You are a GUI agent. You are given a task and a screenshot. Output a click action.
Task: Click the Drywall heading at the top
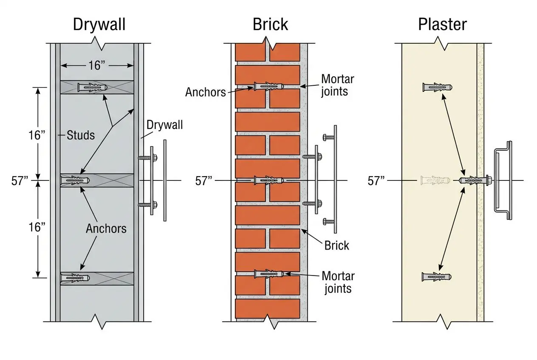(99, 25)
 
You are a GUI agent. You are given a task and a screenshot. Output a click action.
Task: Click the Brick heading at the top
(270, 25)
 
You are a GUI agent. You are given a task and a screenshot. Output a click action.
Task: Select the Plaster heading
(442, 25)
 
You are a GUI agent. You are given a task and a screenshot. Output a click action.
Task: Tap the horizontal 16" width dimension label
(97, 65)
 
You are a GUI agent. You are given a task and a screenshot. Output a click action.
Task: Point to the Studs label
(81, 136)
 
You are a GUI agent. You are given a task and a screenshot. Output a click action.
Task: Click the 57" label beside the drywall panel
(20, 180)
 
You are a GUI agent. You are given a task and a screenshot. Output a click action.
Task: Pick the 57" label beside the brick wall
(203, 180)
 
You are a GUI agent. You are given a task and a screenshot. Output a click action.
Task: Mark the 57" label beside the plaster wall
(376, 180)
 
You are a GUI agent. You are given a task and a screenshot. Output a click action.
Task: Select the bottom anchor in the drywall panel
(75, 278)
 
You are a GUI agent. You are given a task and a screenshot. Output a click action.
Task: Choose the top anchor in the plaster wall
(437, 87)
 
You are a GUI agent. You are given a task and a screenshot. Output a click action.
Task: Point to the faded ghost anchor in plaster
(434, 180)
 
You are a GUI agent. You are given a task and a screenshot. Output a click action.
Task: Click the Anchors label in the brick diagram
(205, 92)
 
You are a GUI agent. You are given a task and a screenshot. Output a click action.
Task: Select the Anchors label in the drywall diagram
(106, 228)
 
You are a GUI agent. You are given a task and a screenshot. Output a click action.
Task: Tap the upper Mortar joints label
(337, 85)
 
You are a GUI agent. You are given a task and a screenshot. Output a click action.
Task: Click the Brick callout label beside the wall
(336, 245)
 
